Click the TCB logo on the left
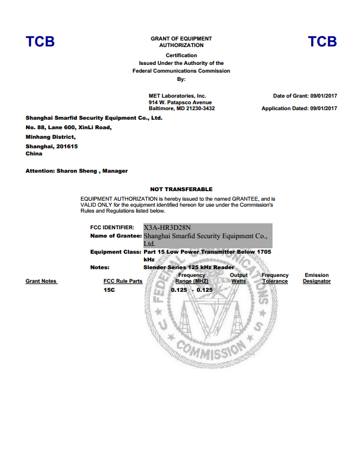[40, 42]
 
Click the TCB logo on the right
[322, 42]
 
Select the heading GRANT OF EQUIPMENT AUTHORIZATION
[181, 42]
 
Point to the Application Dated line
[299, 108]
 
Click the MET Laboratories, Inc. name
[177, 95]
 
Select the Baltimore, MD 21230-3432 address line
[181, 108]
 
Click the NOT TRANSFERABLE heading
[181, 189]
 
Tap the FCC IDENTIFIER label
[115, 227]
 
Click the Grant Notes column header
[41, 281]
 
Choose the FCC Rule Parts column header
[123, 281]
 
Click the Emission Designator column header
[317, 278]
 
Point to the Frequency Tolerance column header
[275, 278]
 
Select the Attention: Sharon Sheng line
[77, 171]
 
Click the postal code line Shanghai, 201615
[52, 146]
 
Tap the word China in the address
[34, 153]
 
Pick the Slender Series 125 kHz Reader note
[189, 267]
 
